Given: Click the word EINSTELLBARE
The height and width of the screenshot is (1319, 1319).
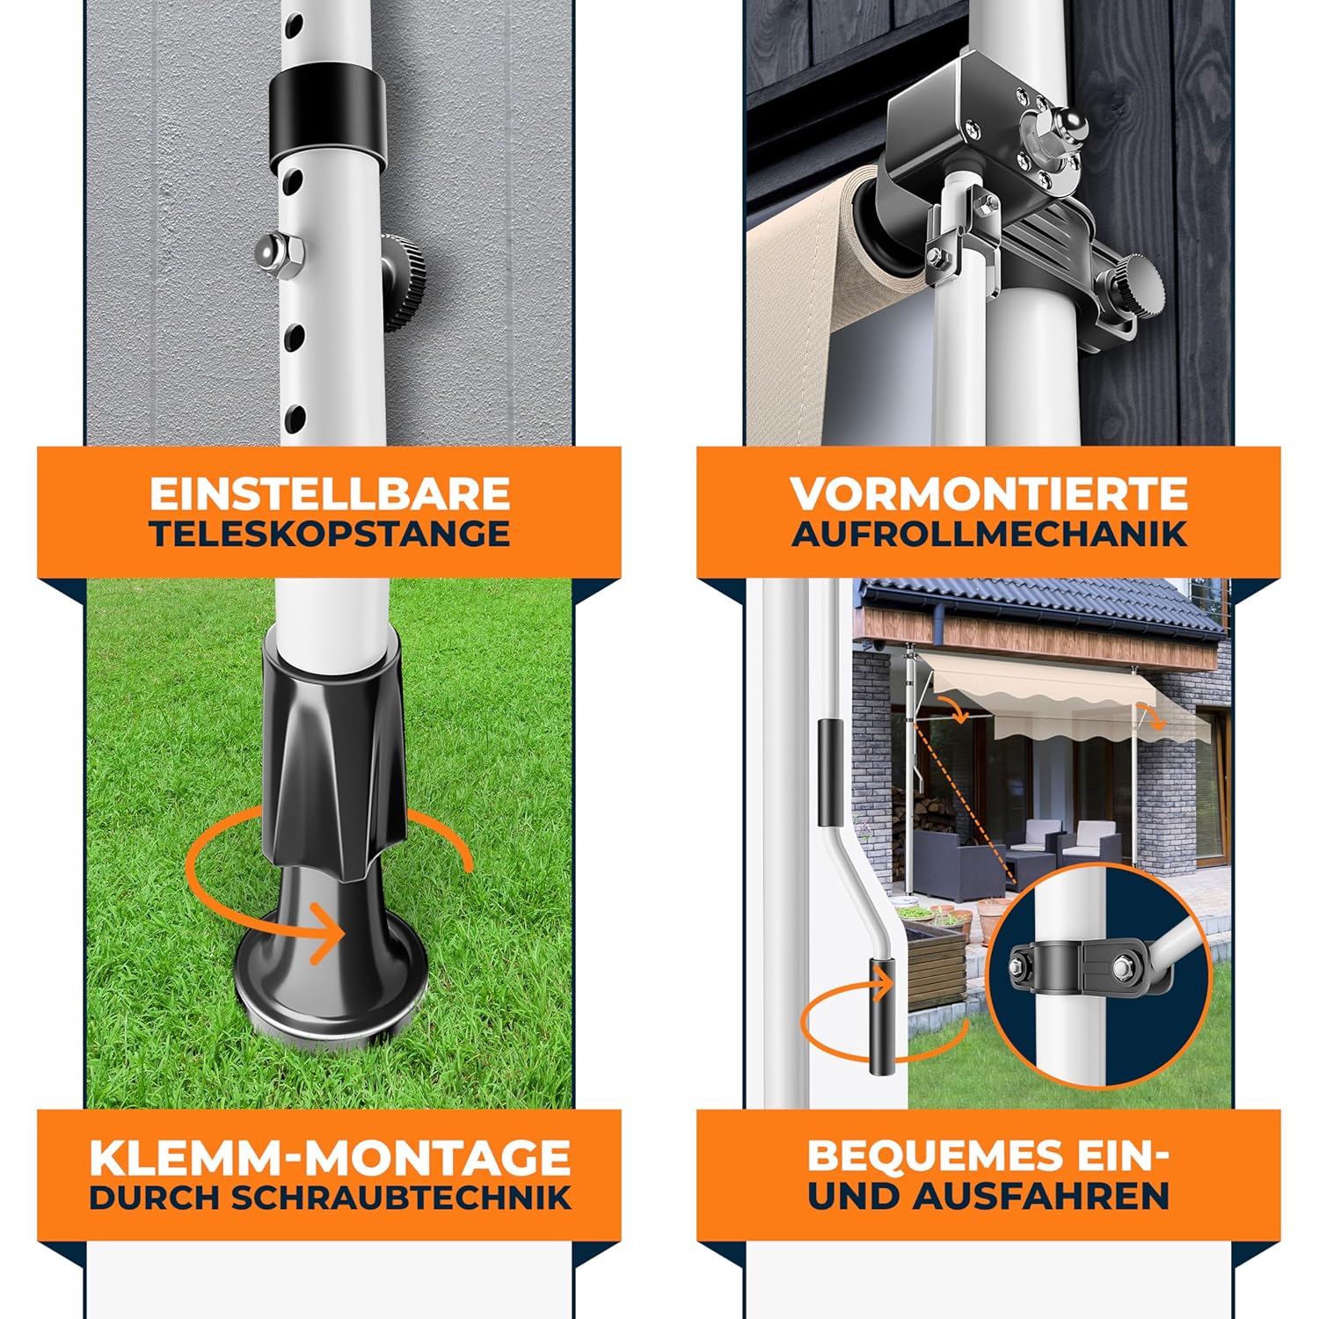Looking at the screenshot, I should tap(329, 494).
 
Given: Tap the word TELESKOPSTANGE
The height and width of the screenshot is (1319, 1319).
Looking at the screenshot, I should tap(329, 535).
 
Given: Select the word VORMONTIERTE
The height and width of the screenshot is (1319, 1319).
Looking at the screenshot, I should tap(989, 494).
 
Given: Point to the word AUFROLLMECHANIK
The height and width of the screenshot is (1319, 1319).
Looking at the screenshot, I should tap(989, 535).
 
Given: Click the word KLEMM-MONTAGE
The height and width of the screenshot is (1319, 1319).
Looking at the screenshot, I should tap(330, 1157).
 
